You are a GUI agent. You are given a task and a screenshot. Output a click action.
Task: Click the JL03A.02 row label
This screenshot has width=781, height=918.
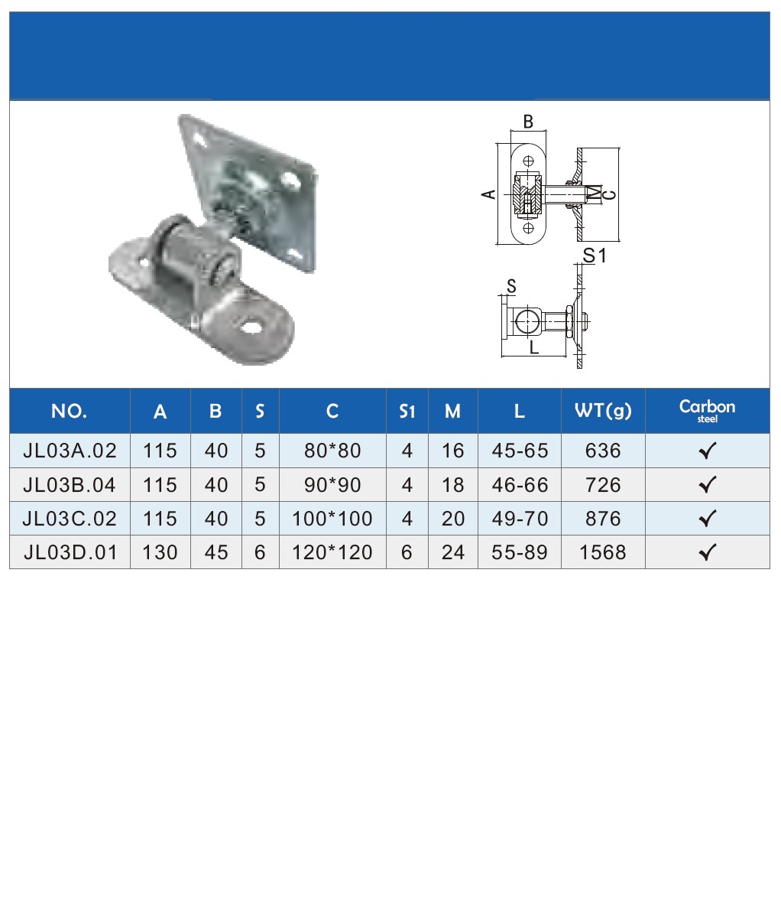[x=70, y=451]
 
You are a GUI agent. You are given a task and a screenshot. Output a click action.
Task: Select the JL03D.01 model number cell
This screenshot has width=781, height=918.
[x=70, y=552]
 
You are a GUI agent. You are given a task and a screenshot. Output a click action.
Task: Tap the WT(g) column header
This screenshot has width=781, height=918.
[x=603, y=412]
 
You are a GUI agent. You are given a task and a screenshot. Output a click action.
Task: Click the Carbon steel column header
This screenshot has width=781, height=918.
[x=708, y=411]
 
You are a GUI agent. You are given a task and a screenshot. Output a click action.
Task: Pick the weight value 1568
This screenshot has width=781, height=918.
[x=603, y=552]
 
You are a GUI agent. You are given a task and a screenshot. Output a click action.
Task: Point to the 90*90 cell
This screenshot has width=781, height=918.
[x=332, y=485]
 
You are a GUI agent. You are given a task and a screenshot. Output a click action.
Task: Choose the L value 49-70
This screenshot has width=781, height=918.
[x=520, y=519]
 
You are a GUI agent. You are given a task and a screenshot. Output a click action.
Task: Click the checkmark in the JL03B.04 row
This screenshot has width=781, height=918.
[x=708, y=484]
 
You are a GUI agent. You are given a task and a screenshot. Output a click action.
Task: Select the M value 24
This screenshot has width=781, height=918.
[x=452, y=552]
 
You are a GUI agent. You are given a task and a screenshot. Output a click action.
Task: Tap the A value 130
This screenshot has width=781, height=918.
[x=160, y=552]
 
